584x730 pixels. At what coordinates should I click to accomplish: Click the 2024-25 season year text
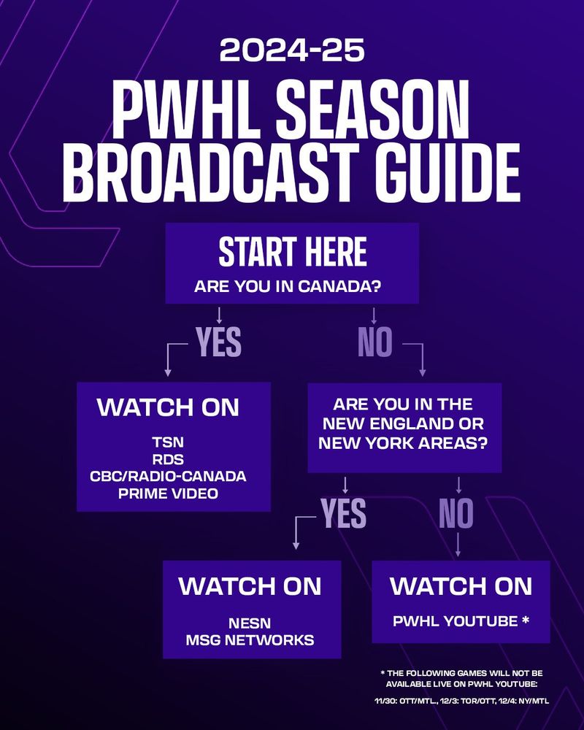(292, 50)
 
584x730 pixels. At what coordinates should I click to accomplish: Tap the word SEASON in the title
(372, 110)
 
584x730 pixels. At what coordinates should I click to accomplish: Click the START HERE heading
(293, 252)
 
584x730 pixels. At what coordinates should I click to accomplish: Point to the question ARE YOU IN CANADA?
(288, 286)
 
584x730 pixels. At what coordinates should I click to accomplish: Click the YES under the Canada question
(218, 342)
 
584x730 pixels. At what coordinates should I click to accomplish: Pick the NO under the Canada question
(375, 342)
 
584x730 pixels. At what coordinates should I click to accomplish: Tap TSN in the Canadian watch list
(168, 442)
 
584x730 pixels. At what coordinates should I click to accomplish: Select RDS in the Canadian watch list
(168, 459)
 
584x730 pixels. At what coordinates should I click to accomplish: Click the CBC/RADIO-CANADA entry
(168, 476)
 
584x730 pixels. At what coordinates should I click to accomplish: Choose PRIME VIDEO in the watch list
(168, 493)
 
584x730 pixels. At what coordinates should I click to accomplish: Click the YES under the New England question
(343, 513)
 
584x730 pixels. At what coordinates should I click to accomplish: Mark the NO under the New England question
(456, 513)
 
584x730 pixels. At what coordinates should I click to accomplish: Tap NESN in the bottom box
(250, 623)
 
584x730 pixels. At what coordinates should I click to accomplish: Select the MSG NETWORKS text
(250, 640)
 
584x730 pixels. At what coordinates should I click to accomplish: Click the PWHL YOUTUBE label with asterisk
(461, 621)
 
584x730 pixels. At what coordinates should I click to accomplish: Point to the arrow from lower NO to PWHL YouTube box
(458, 545)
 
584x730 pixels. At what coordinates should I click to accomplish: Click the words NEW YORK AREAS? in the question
(402, 443)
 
